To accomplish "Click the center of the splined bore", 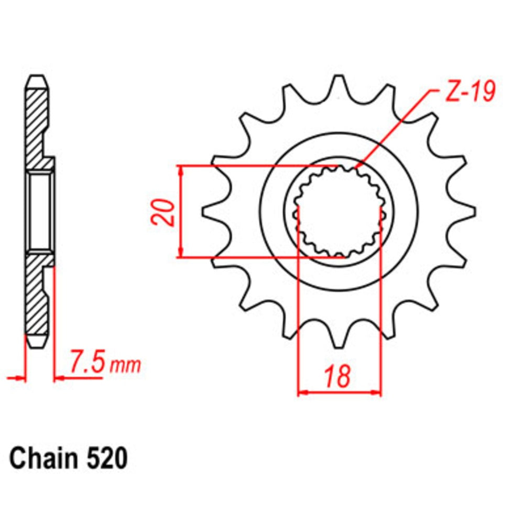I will coord(340,211).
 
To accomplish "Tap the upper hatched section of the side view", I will coord(38,126).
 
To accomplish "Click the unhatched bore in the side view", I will coord(41,211).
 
